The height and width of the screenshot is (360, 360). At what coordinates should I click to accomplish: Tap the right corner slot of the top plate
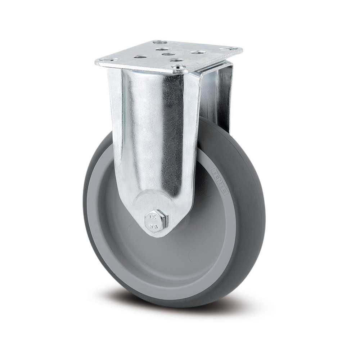(x=228, y=48)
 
